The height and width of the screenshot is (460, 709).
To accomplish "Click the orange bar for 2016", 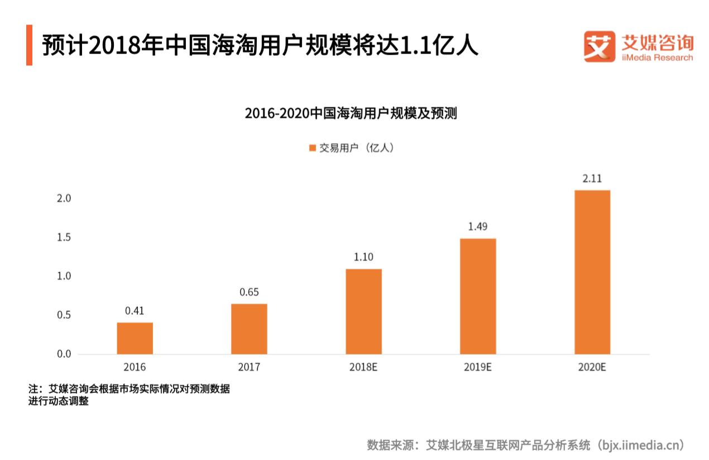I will point(135,338).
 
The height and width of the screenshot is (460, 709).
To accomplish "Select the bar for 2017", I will point(249,329).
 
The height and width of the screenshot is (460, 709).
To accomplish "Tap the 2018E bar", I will point(363,311).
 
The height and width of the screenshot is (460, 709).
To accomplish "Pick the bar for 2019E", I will point(478,296).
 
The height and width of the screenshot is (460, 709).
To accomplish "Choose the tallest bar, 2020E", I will point(592,272).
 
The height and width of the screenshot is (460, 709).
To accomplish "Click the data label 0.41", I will point(135,311).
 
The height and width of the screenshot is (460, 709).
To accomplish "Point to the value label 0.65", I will point(249,292).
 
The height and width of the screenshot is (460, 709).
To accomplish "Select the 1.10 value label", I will point(363,258).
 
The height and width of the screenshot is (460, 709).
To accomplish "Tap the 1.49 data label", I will point(478,227).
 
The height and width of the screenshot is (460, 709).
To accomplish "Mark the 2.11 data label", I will point(592,179).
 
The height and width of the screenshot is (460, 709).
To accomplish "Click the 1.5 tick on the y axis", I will point(64,238).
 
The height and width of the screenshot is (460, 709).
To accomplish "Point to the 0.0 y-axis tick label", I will point(64,354).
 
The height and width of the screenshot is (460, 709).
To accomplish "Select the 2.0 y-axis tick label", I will point(64,199).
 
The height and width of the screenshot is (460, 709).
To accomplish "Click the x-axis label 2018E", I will point(363,368).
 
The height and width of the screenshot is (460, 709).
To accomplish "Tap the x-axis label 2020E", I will point(592,368).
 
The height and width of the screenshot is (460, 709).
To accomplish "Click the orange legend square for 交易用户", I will point(312,148).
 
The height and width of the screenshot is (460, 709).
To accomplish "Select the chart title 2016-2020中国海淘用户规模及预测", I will point(351,113).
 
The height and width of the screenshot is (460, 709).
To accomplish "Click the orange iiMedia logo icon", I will point(599,46).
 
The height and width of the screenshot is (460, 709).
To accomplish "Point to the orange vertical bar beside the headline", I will point(29,45).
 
